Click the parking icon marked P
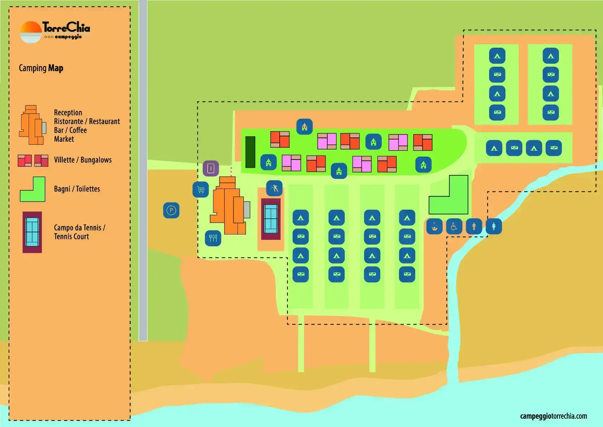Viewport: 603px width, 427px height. (x=171, y=210)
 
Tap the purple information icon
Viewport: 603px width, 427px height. (x=211, y=169)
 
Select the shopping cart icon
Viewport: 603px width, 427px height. (x=201, y=189)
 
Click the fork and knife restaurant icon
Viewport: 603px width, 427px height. (x=213, y=238)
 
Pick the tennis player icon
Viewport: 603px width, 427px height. (x=274, y=188)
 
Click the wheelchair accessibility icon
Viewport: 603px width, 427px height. (x=454, y=227)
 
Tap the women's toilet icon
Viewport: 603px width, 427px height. (x=494, y=227)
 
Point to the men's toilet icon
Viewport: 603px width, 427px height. (x=474, y=227)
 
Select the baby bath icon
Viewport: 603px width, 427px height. (x=434, y=227)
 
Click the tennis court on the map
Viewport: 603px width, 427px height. (x=271, y=219)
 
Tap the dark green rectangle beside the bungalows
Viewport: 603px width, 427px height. (x=250, y=152)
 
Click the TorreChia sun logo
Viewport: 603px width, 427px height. (x=31, y=32)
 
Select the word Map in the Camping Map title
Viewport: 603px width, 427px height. (x=56, y=68)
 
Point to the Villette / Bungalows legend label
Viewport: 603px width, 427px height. (x=83, y=160)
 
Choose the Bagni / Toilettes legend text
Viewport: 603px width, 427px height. (x=77, y=189)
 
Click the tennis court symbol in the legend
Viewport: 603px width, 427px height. (x=32, y=232)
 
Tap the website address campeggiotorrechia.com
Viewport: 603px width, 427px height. (x=554, y=416)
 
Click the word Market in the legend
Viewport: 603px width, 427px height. (x=64, y=139)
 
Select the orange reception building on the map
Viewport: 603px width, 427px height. (x=228, y=205)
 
